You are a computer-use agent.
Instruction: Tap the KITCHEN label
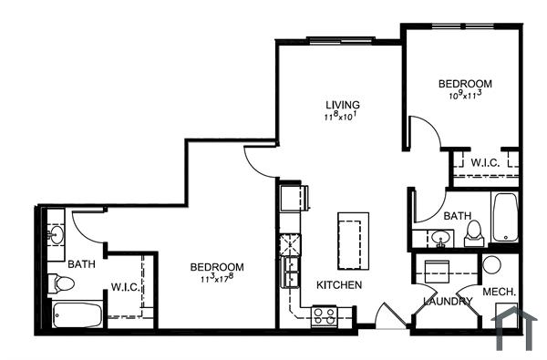pos(339,285)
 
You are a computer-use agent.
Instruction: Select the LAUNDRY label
pos(448,302)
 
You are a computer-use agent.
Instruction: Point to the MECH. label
pos(500,292)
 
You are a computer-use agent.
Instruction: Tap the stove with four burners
pos(325,316)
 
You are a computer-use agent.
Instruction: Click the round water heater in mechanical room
pos(491,266)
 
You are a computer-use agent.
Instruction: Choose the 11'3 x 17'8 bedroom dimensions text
pos(218,278)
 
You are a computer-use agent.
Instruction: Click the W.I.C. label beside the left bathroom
pos(124,287)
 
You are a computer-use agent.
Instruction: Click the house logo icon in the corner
pos(513,330)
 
